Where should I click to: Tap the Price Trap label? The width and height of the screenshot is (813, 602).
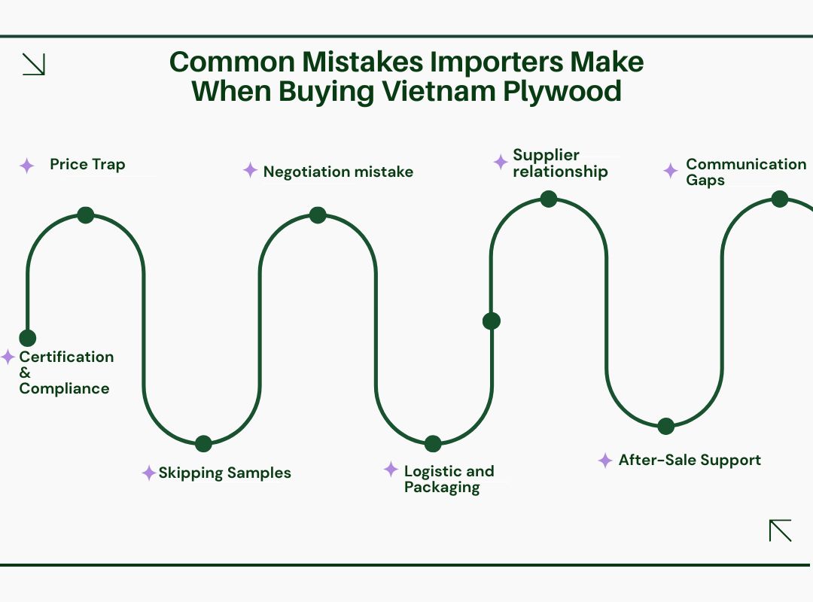pyautogui.click(x=87, y=164)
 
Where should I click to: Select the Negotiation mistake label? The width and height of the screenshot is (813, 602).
pyautogui.click(x=338, y=172)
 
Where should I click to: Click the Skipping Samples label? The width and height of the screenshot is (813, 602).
pyautogui.click(x=224, y=473)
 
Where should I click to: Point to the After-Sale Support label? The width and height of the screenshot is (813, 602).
pyautogui.click(x=690, y=460)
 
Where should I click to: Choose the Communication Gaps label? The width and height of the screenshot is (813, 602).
pyautogui.click(x=745, y=172)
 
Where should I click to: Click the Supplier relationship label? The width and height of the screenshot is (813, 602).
pyautogui.click(x=560, y=163)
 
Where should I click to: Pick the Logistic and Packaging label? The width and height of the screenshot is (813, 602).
pyautogui.click(x=449, y=479)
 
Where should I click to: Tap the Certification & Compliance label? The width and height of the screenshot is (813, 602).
pyautogui.click(x=66, y=372)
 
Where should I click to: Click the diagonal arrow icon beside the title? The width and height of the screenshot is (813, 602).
pyautogui.click(x=34, y=64)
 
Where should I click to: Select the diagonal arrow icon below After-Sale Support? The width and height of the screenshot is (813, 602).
pyautogui.click(x=780, y=531)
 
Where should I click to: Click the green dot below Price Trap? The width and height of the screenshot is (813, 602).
pyautogui.click(x=86, y=215)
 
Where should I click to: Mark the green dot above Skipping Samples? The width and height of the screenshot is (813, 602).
pyautogui.click(x=203, y=443)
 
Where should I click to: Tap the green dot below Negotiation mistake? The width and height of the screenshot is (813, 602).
pyautogui.click(x=318, y=215)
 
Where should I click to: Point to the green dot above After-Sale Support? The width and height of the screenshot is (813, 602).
pyautogui.click(x=665, y=426)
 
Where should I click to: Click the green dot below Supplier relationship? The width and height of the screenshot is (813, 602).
pyautogui.click(x=548, y=199)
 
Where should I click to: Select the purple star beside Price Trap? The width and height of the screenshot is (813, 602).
pyautogui.click(x=27, y=166)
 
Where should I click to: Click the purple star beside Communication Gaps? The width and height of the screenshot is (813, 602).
pyautogui.click(x=670, y=171)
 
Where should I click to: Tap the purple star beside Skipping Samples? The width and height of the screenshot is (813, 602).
pyautogui.click(x=149, y=473)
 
